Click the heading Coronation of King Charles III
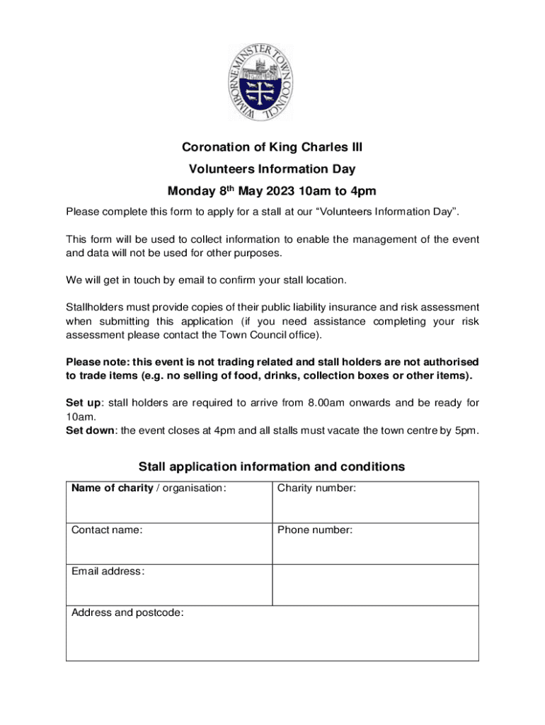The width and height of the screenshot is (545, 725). pyautogui.click(x=272, y=147)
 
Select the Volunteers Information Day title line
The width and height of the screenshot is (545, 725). pyautogui.click(x=272, y=169)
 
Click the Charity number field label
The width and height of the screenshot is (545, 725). pyautogui.click(x=316, y=488)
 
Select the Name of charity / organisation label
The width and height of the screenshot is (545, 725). pyautogui.click(x=149, y=488)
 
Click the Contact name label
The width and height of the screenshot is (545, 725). pyautogui.click(x=107, y=530)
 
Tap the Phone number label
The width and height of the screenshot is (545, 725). pyautogui.click(x=315, y=530)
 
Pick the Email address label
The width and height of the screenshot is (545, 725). pyautogui.click(x=108, y=571)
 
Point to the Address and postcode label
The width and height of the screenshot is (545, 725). pyautogui.click(x=127, y=613)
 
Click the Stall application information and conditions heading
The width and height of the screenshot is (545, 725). pyautogui.click(x=272, y=467)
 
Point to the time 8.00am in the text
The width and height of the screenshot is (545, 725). pyautogui.click(x=326, y=403)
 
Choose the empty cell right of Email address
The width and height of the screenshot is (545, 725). pyautogui.click(x=375, y=584)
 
